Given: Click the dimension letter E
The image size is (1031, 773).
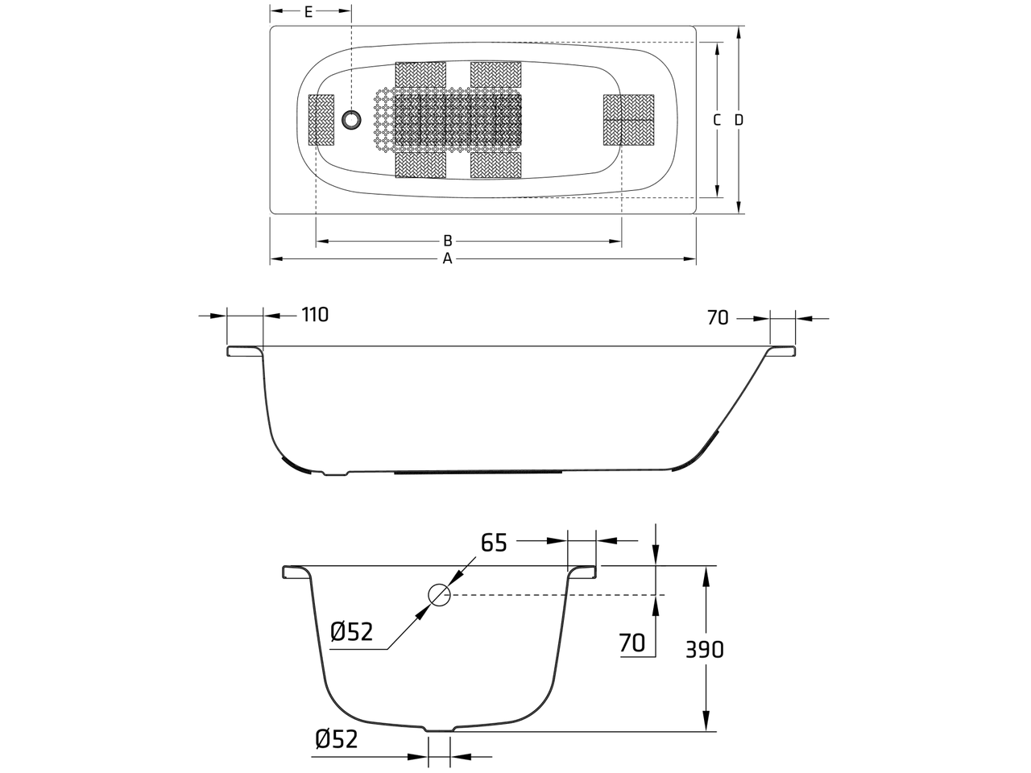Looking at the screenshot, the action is click(x=308, y=12).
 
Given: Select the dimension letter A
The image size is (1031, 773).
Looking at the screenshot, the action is click(x=447, y=258).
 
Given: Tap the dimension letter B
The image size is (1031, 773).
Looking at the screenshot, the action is click(x=448, y=241).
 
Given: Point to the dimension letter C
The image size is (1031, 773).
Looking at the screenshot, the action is click(x=716, y=120).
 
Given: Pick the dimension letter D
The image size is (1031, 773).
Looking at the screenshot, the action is click(x=739, y=120).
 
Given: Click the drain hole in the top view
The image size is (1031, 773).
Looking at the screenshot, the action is click(x=351, y=120).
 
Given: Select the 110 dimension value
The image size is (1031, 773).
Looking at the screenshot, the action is click(x=315, y=315).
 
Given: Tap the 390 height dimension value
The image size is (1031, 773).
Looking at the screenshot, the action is click(x=705, y=650).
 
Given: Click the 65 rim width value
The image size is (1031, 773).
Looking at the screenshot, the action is click(x=494, y=543).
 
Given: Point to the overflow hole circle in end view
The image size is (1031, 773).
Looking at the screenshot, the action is click(x=439, y=595).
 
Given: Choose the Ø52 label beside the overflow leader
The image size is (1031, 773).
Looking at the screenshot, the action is click(x=352, y=632).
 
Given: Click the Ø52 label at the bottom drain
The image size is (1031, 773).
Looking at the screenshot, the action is click(x=337, y=739).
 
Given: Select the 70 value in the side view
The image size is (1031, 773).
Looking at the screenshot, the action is click(x=718, y=318).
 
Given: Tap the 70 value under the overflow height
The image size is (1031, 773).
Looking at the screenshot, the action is click(x=631, y=643).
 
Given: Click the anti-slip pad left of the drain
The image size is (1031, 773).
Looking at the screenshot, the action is click(x=321, y=120).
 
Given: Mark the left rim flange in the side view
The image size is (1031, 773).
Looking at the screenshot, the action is click(x=244, y=352).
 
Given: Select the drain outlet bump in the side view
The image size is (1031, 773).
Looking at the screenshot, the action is click(x=336, y=473).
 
